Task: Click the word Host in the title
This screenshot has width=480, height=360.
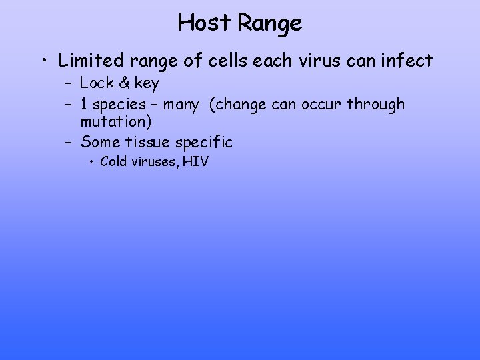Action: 205,23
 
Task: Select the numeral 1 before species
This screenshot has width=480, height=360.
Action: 84,104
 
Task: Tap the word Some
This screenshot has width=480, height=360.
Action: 100,141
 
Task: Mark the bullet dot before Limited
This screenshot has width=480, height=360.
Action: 43,62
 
